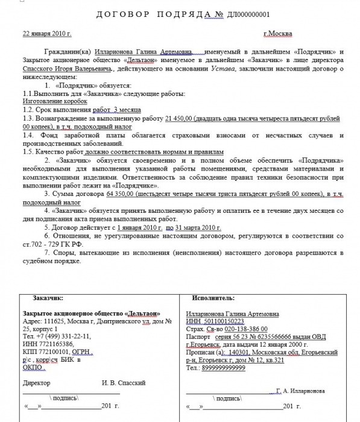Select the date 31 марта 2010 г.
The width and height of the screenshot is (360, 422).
(x=195, y=230)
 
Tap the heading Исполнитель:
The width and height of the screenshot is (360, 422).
(x=212, y=298)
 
